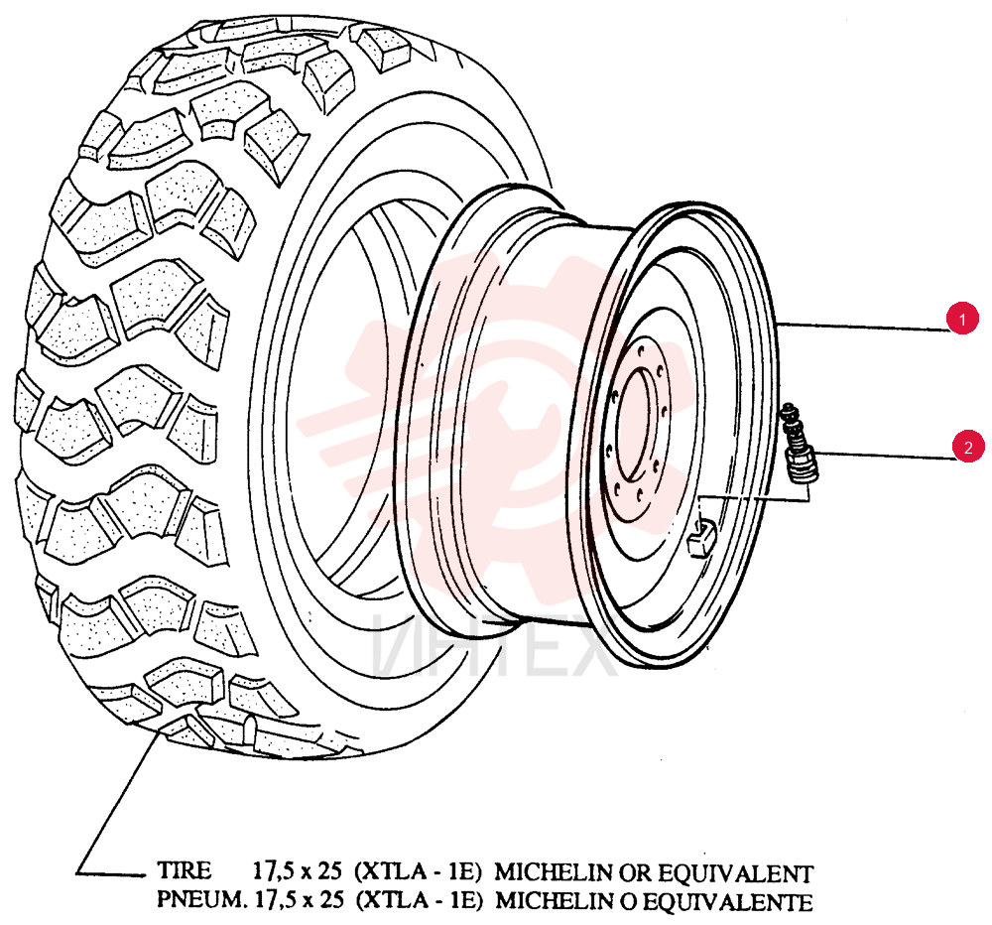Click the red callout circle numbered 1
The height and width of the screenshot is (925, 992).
(x=962, y=320)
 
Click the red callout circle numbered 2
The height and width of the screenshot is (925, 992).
(x=968, y=447)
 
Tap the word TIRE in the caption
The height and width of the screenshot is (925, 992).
(x=185, y=870)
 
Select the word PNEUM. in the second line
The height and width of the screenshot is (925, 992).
(x=200, y=899)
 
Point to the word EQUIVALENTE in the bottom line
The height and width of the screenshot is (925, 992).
(x=731, y=901)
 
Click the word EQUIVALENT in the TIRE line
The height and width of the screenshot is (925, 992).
(x=736, y=873)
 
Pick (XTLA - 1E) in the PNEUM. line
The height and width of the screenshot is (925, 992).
(x=420, y=899)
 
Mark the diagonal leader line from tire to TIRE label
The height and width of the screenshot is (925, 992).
(x=118, y=802)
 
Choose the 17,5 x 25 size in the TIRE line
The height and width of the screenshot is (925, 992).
(x=297, y=871)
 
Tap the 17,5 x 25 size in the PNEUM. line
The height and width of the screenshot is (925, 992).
(x=297, y=899)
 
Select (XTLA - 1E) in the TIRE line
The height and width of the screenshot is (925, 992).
(x=420, y=871)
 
